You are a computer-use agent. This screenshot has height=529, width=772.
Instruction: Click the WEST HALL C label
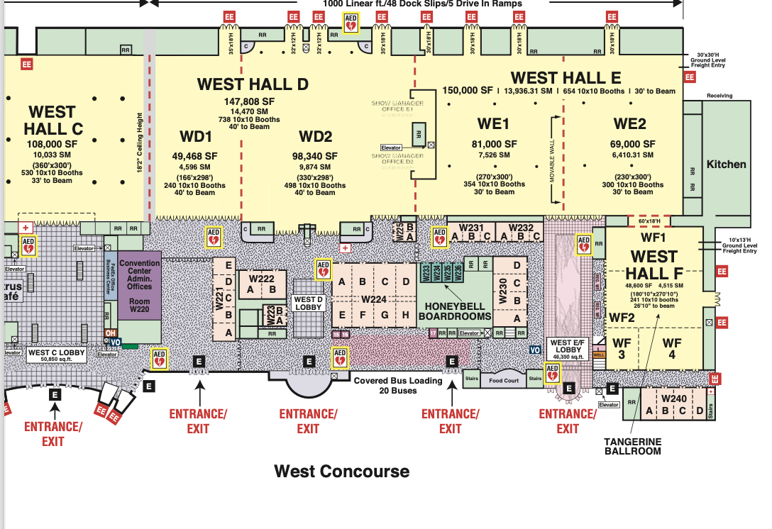pos(53,121)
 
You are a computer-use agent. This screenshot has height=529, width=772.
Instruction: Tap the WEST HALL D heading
pos(253,84)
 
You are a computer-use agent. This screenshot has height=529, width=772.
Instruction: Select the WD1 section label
pos(196,136)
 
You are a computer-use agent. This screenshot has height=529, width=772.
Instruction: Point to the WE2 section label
pos(630,124)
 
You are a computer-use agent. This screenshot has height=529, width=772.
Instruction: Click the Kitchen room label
pos(726,164)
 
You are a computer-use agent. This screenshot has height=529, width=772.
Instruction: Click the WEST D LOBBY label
pos(309,304)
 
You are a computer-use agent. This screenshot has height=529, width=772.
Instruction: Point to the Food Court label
pos(504,381)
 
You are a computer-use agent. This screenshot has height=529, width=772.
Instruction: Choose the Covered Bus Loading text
pos(397,381)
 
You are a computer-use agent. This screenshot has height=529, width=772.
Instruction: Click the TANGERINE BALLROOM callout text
pos(632,446)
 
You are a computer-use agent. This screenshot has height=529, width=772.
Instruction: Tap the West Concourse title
pos(341,472)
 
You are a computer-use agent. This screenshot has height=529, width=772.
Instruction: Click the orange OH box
pos(110,333)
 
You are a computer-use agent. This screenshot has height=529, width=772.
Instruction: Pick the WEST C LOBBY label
pos(56,352)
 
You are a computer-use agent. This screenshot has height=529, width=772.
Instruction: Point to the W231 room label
pos(471,228)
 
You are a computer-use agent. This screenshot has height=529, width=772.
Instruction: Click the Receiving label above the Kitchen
pos(719,96)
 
